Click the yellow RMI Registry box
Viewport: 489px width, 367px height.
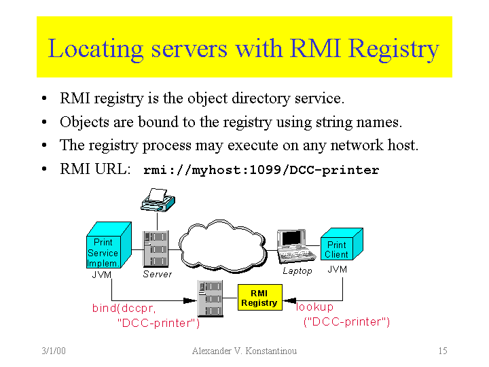(x=259, y=298)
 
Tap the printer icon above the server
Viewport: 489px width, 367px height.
(x=158, y=199)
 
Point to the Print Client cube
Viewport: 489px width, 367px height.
(x=340, y=246)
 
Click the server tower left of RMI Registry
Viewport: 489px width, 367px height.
(x=211, y=298)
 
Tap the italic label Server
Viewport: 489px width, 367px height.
(x=157, y=275)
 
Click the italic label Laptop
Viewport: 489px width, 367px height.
(x=297, y=271)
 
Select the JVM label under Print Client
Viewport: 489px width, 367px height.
(x=337, y=270)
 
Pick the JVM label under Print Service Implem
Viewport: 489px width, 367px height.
(x=101, y=275)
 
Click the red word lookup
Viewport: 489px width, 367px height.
(x=315, y=307)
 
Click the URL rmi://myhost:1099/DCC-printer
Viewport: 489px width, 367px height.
(x=261, y=170)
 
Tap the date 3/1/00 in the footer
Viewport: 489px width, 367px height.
(x=52, y=351)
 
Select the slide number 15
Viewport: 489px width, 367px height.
(x=442, y=351)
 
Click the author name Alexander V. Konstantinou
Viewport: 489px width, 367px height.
(x=244, y=351)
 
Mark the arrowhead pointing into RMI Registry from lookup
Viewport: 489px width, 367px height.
(x=288, y=299)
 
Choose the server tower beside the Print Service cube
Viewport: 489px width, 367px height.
(x=156, y=249)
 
